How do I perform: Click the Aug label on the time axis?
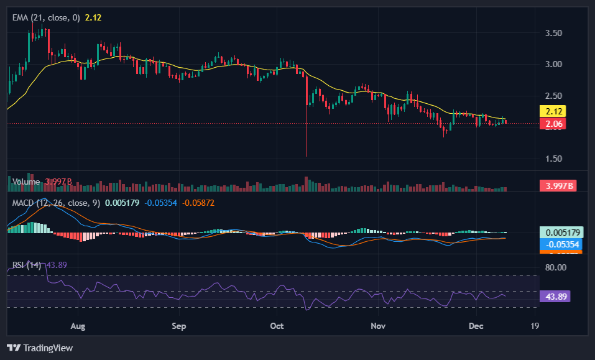[x=78, y=326]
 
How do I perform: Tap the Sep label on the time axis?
[x=178, y=326]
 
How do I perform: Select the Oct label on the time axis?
[x=277, y=326]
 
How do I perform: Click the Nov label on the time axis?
[x=377, y=326]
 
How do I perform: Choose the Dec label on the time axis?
[x=476, y=326]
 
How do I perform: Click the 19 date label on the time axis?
[x=535, y=326]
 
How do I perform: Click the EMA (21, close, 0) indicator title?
[x=46, y=17]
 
